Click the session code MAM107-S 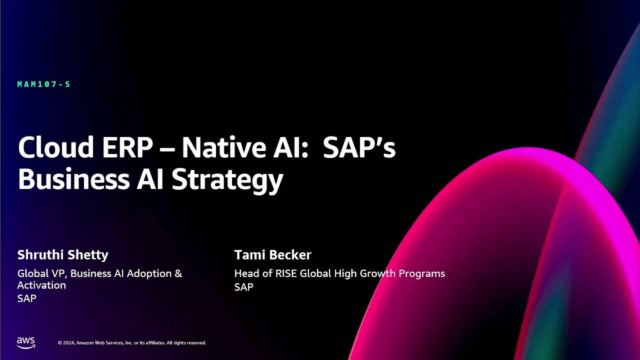click(43, 84)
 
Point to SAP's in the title click(359, 147)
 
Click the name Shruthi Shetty click(62, 255)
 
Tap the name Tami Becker click(272, 255)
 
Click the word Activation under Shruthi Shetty click(41, 285)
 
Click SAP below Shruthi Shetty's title click(26, 298)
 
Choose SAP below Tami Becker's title click(243, 287)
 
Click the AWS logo click(26, 342)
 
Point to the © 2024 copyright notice click(131, 343)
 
